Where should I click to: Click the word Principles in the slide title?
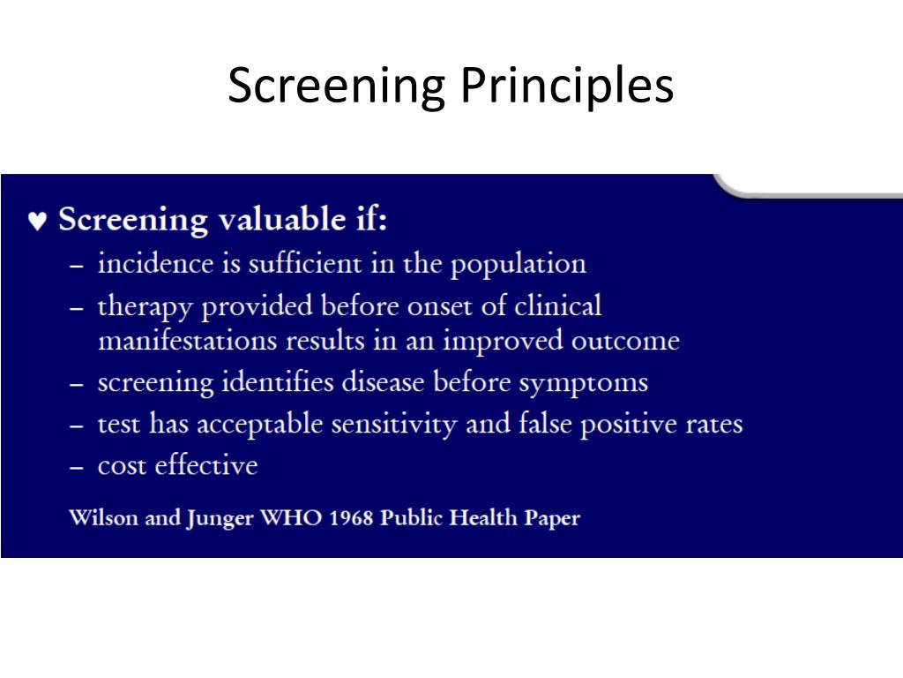567,87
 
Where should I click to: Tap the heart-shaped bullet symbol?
36,221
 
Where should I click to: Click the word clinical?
557,305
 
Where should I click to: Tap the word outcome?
625,341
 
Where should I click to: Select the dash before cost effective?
78,466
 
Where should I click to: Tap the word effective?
206,465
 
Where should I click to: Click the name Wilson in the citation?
103,517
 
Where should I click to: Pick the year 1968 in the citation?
351,517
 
